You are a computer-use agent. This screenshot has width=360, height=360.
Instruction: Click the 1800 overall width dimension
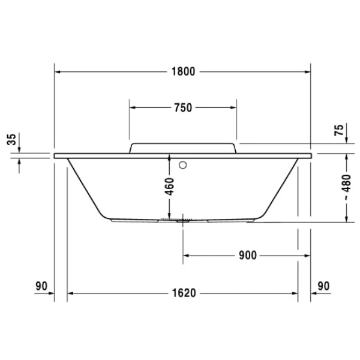click(x=183, y=71)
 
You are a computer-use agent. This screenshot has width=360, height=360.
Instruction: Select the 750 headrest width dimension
click(x=182, y=108)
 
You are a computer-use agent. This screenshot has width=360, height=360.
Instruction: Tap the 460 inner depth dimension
click(x=170, y=187)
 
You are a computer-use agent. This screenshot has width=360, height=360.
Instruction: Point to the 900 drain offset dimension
click(x=247, y=255)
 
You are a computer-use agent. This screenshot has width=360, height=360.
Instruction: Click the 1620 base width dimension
click(x=183, y=293)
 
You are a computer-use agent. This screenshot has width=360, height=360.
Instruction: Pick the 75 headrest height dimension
click(x=339, y=130)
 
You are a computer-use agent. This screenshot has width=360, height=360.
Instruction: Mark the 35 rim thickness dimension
click(x=11, y=140)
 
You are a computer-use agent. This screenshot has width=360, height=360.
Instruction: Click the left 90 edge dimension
click(x=41, y=287)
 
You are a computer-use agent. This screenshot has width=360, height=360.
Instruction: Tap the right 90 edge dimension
click(x=323, y=287)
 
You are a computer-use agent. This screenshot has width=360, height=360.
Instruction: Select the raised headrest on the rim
click(x=182, y=148)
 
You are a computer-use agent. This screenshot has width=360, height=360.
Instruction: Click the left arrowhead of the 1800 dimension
click(x=58, y=71)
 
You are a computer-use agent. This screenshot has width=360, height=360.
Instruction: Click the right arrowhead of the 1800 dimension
click(x=307, y=71)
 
